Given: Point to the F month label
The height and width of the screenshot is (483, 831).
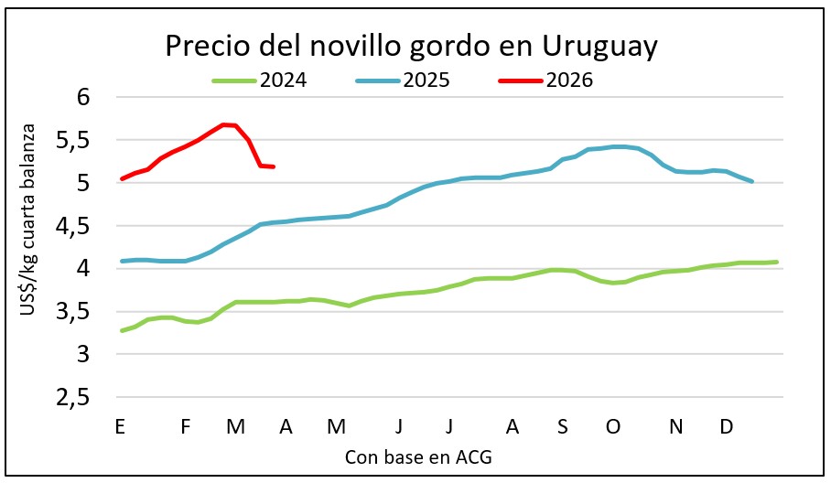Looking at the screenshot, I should pos(186,426).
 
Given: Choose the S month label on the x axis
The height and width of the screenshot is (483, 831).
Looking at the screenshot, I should pos(562,426).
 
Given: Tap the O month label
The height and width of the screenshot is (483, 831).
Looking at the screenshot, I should pos(613,426).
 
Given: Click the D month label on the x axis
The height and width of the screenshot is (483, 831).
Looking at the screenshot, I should pos(726,426).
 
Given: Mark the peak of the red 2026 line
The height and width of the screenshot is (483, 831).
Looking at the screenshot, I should pos(223,124).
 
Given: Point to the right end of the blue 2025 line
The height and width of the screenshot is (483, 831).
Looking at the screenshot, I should pos(751,181).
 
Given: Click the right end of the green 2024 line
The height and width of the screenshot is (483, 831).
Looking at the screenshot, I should pos(776,262).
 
